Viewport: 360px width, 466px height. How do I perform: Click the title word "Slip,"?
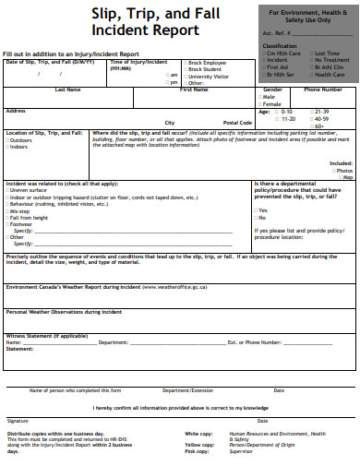tap(108, 13)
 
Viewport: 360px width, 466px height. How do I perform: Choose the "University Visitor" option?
tap(208, 77)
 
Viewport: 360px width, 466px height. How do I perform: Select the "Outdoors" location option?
tap(23, 140)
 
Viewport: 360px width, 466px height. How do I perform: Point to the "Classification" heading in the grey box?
tap(280, 44)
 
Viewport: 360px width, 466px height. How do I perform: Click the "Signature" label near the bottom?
tap(18, 394)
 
